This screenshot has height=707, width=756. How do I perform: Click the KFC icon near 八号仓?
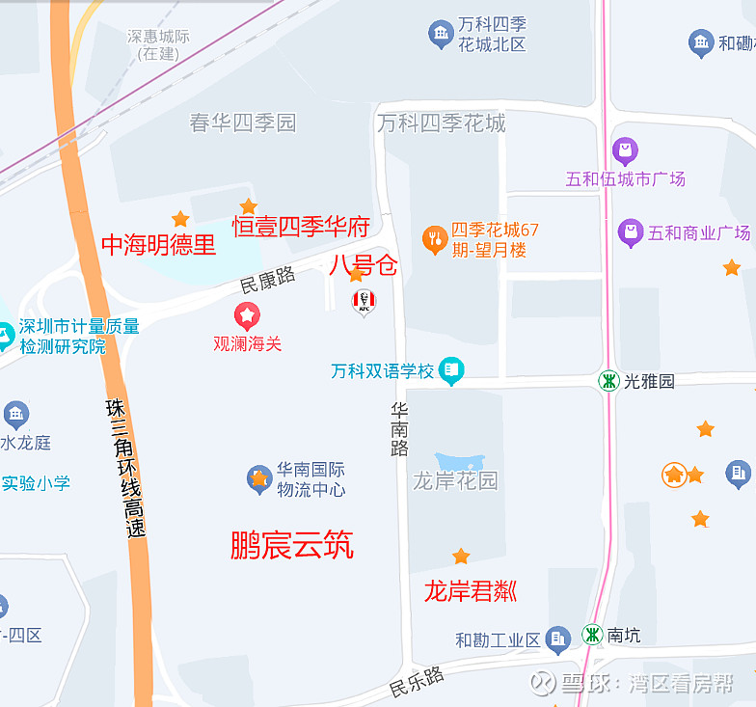pos(363,302)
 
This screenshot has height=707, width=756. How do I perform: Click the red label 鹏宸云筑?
pos(292,545)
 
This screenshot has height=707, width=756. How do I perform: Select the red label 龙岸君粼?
pos(471,590)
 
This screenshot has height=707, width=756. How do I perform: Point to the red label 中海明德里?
pos(159,245)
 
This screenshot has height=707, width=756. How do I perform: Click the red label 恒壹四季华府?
pos(301,228)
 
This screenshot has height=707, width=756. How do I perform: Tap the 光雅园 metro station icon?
pos(608,380)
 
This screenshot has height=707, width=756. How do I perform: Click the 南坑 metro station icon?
pos(591,636)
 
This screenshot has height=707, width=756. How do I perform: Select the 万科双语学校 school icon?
pos(450,369)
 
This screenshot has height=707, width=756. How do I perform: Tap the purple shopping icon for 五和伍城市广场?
pos(625,150)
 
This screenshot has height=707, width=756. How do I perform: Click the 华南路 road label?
pos(400,429)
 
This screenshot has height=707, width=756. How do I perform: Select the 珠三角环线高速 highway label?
pos(126,468)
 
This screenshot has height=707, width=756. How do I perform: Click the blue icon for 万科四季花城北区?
pos(441,35)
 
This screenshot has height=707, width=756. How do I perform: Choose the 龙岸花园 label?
pos(455,480)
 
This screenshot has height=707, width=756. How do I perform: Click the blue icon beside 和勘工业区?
pos(557,638)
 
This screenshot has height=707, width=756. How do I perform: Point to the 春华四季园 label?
pos(242,122)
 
